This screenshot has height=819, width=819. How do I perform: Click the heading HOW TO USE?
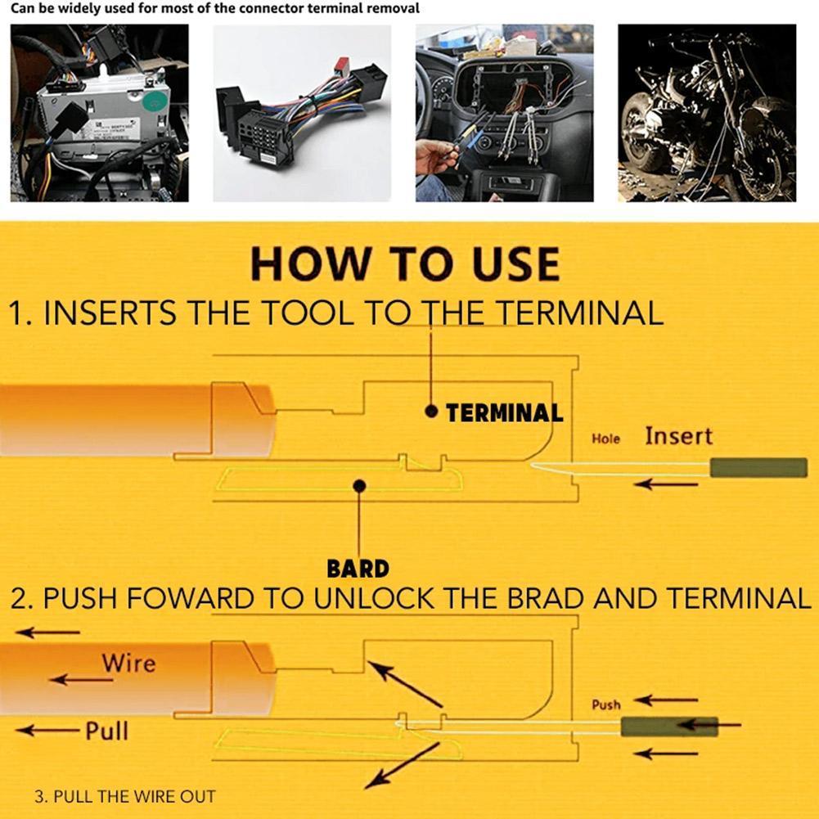[405, 263]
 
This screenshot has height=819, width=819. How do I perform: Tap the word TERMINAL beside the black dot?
[505, 413]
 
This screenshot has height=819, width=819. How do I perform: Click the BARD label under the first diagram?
[358, 568]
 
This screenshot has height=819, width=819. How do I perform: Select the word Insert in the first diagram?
[678, 436]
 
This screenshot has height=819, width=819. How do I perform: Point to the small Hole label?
[605, 439]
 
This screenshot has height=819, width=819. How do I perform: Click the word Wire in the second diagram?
[128, 662]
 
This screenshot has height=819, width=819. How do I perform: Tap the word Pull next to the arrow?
[107, 730]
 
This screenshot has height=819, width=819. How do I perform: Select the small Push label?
[605, 704]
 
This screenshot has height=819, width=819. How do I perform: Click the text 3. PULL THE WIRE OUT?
[125, 796]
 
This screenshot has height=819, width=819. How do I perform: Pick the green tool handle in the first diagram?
[758, 468]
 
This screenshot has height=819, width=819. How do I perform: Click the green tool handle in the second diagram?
[668, 726]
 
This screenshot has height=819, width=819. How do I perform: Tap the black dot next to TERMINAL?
[431, 412]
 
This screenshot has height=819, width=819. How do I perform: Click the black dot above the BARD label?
[358, 486]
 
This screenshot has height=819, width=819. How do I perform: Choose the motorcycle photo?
[706, 113]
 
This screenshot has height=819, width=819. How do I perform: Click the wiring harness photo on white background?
[302, 113]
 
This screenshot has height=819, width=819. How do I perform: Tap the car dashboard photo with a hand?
[504, 113]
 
